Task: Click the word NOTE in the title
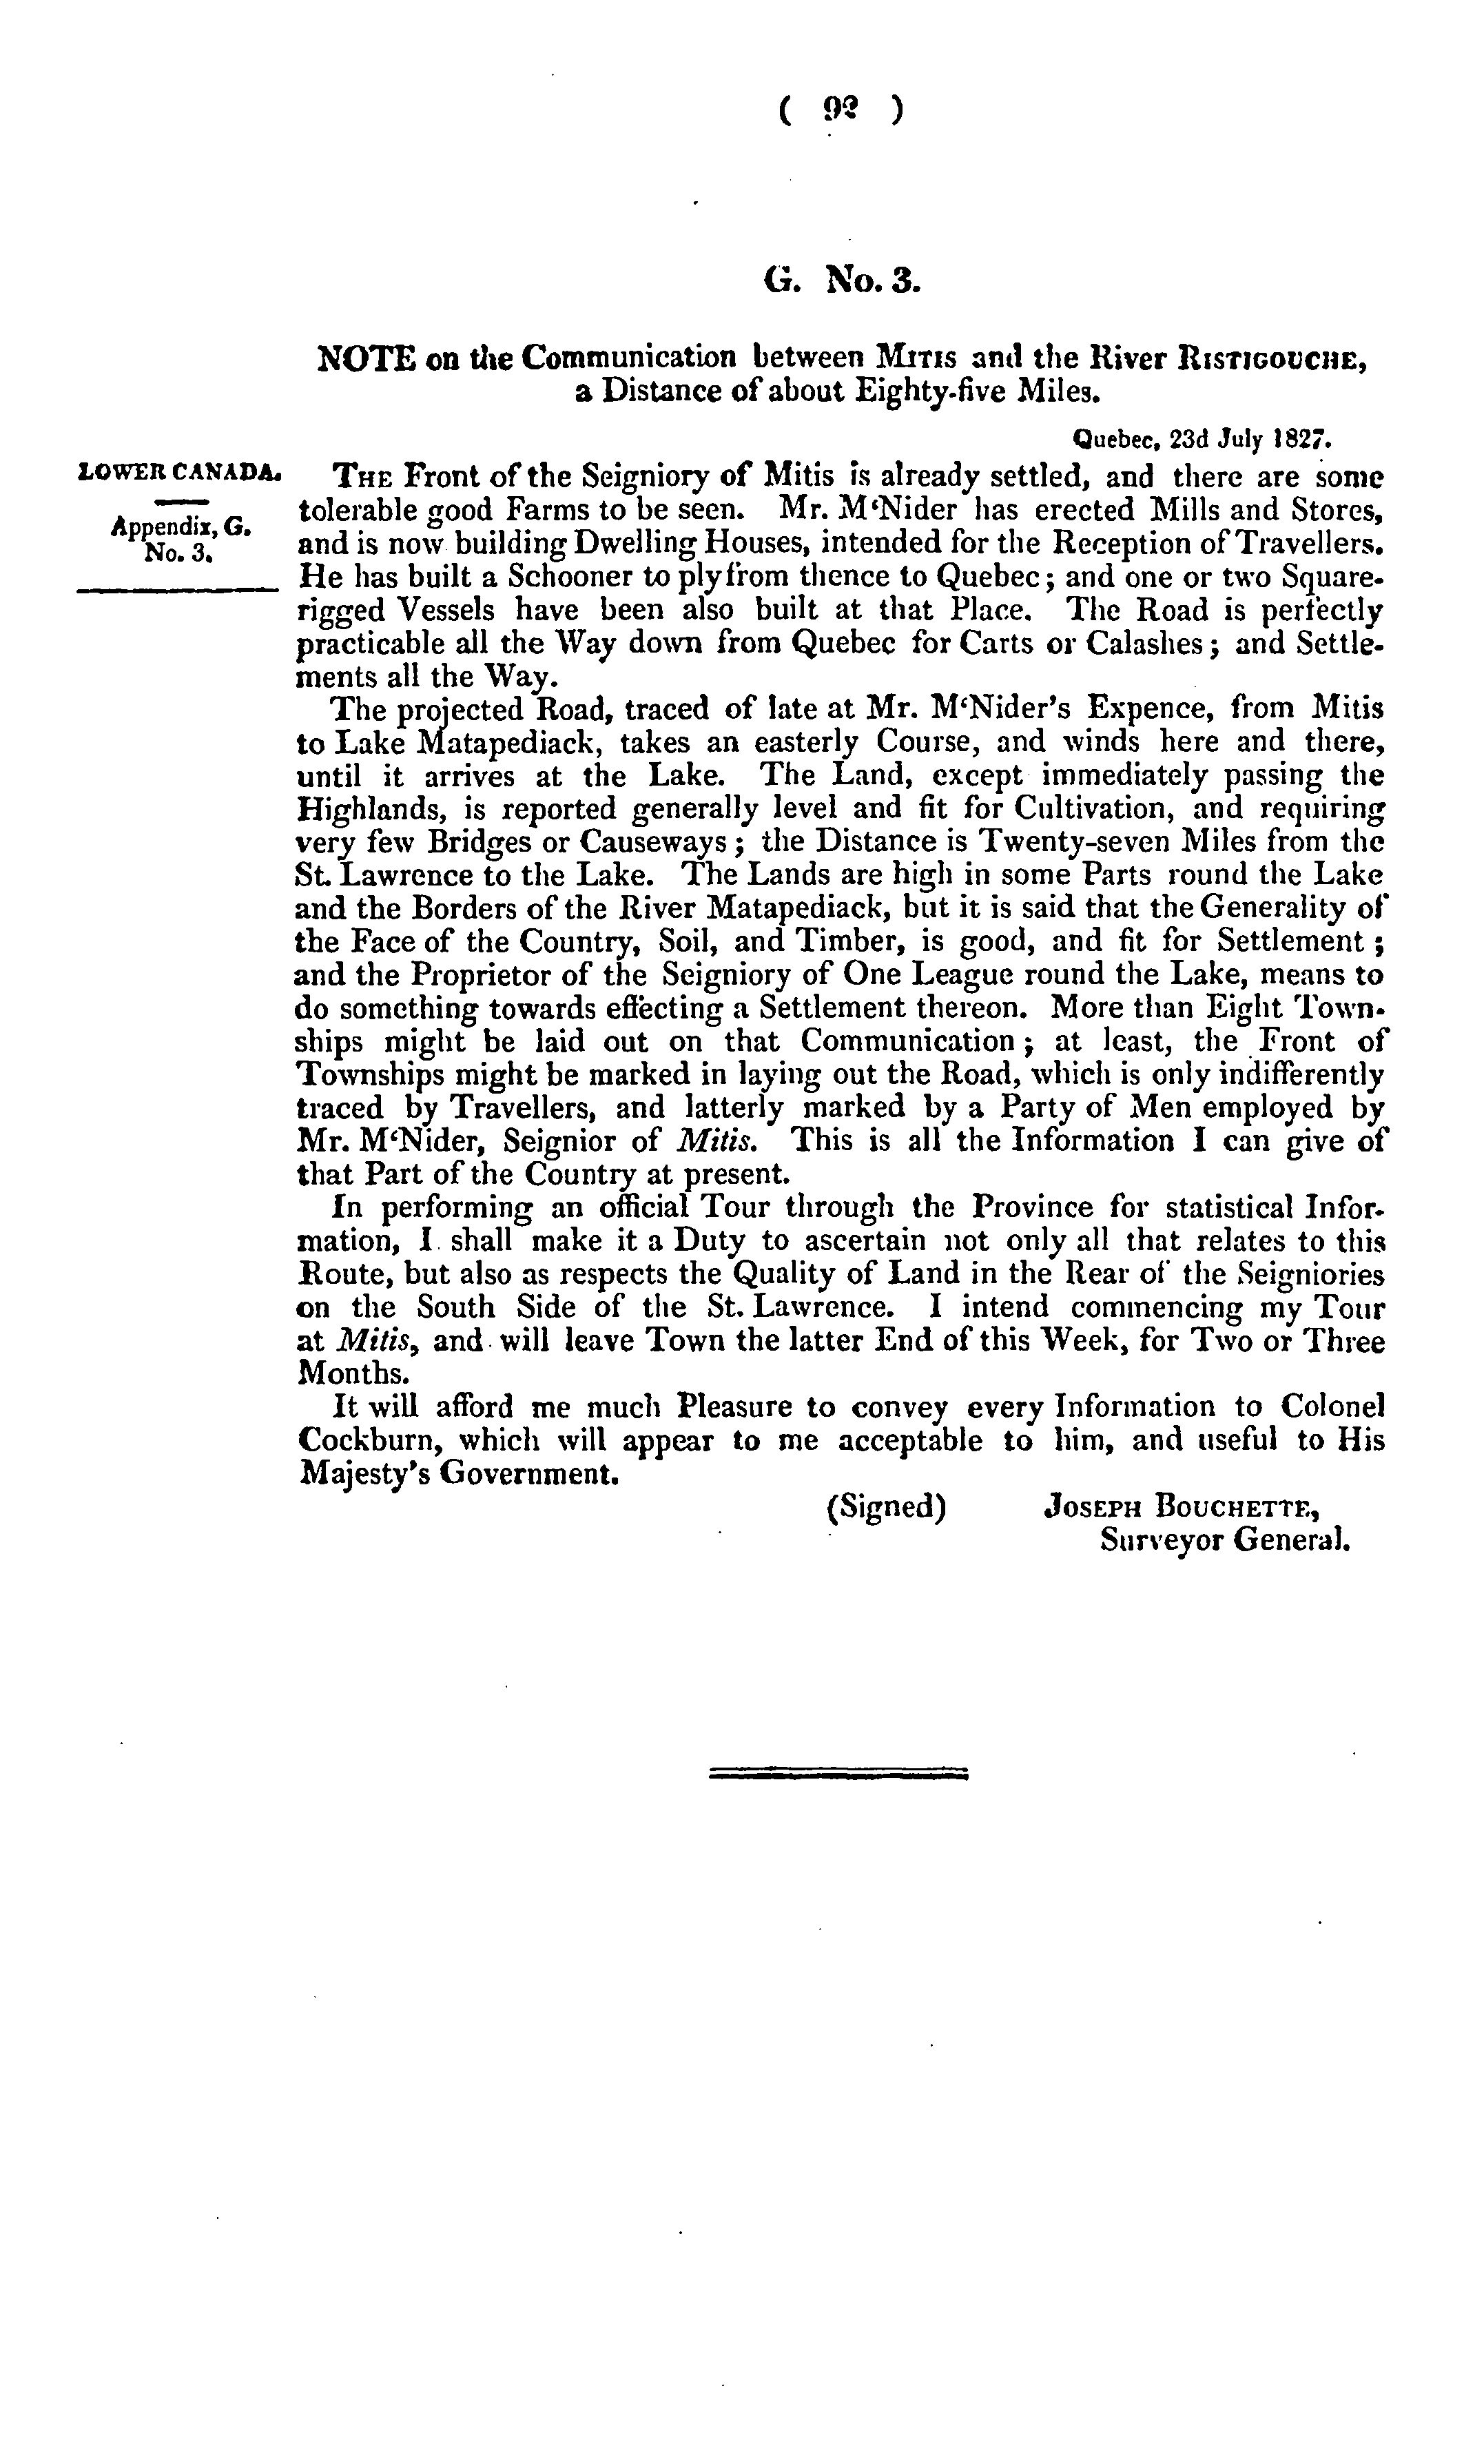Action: click(x=364, y=357)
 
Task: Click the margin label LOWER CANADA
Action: click(x=178, y=473)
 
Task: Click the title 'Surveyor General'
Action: click(x=1224, y=1539)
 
